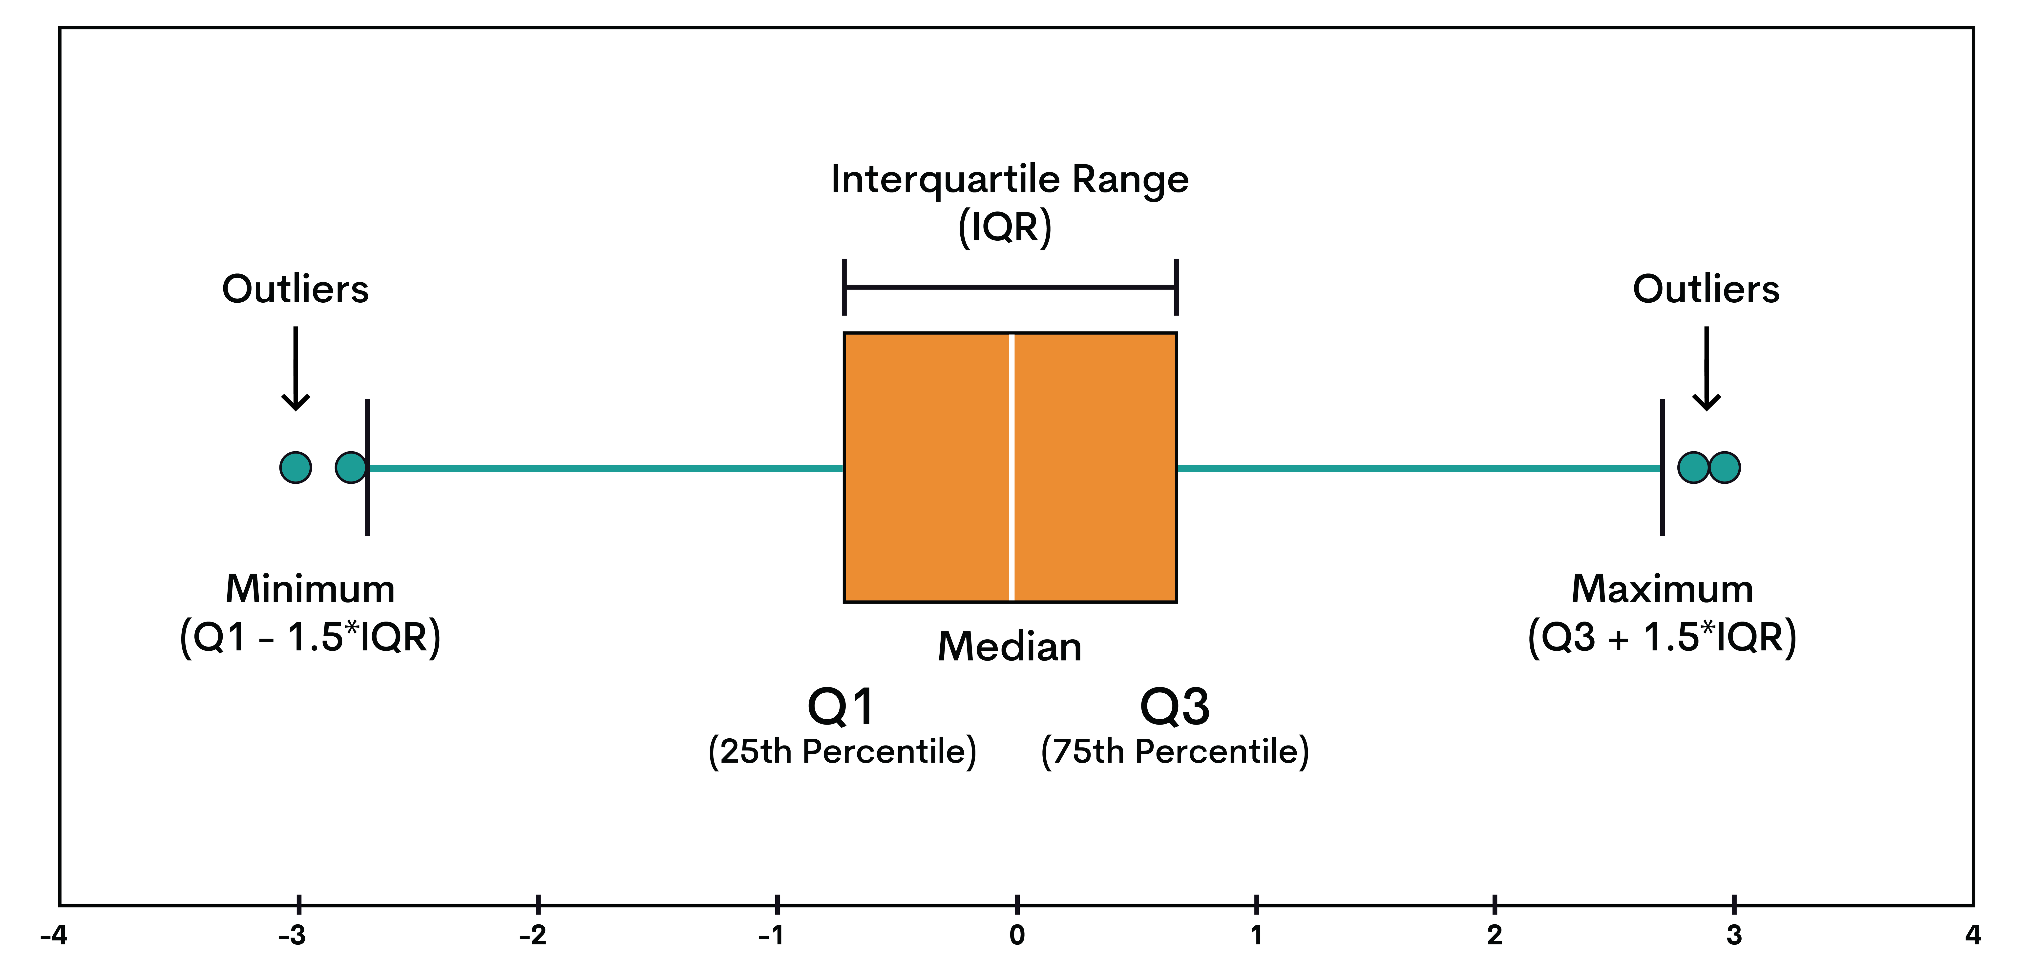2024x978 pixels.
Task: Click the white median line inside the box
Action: click(x=1011, y=467)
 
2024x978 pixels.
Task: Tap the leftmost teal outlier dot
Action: click(x=295, y=467)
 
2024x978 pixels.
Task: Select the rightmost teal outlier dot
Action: click(x=1725, y=467)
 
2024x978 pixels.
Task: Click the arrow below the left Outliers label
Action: click(x=295, y=369)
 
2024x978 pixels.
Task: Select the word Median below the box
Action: click(x=1010, y=647)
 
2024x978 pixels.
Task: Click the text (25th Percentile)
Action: click(x=842, y=752)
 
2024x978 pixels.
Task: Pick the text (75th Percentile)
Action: click(x=1175, y=752)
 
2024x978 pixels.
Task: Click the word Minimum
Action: click(x=310, y=589)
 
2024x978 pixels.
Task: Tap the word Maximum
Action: click(x=1662, y=589)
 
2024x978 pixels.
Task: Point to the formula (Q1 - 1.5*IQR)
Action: click(x=310, y=637)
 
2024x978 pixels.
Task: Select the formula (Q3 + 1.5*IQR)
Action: click(x=1662, y=637)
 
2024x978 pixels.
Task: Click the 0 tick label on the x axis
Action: click(x=1017, y=936)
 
